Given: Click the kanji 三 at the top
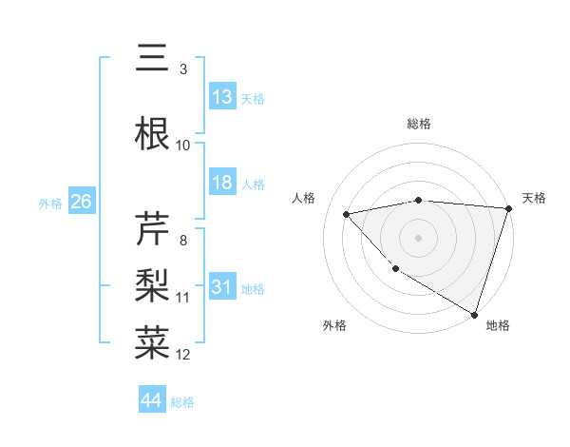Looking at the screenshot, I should click(152, 59).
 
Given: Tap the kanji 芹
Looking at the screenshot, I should click(152, 229).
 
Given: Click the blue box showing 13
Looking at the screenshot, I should click(222, 96).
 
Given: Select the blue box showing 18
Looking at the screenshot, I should click(222, 183).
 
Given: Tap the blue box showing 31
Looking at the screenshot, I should click(222, 287).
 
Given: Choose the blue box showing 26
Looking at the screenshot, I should click(81, 202).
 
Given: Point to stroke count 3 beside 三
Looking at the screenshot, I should click(183, 68).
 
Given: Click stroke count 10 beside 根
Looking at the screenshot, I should click(183, 145).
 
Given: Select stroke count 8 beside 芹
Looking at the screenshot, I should click(183, 240).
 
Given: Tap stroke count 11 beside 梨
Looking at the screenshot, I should click(183, 297).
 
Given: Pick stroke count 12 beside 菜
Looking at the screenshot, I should click(183, 354).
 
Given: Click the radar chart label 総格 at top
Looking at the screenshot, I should click(419, 124).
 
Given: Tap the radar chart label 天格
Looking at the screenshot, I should click(534, 198).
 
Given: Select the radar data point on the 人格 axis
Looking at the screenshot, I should click(347, 213).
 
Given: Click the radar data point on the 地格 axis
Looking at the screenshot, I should click(474, 313).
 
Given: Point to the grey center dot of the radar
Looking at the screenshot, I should click(419, 237).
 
